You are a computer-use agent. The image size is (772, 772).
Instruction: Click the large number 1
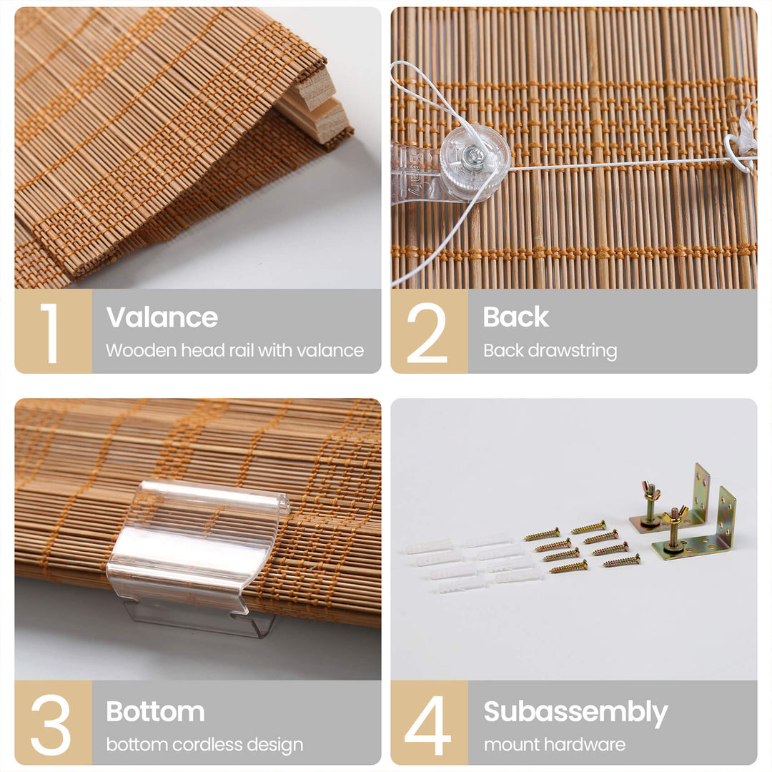[50, 333]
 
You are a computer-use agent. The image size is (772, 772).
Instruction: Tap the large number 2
[427, 333]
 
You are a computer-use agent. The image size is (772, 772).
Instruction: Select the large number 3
[51, 725]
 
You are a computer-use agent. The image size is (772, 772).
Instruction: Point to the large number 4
[427, 725]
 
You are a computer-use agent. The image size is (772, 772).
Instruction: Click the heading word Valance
[162, 317]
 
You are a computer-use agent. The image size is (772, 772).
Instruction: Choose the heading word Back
[515, 317]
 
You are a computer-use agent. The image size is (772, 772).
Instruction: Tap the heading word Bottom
[156, 711]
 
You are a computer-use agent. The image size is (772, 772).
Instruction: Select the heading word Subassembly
[575, 713]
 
